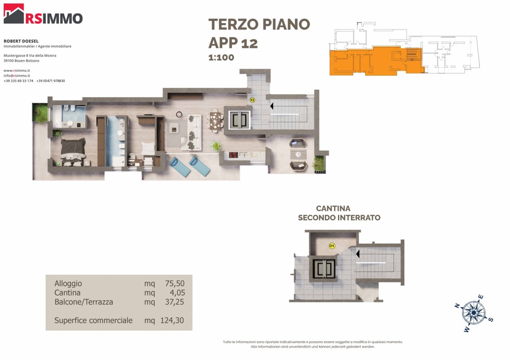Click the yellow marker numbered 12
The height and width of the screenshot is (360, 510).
(x=252, y=100)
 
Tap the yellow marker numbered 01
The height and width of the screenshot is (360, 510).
(x=332, y=246)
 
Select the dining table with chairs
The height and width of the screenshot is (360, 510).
(x=215, y=121)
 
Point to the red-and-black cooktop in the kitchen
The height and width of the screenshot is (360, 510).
(x=234, y=155)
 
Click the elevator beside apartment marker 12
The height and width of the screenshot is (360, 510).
(x=239, y=120)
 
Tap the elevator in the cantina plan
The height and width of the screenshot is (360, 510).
(x=324, y=269)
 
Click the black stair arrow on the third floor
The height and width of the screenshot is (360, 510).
(x=272, y=106)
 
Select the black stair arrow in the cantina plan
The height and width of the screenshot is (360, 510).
(x=358, y=253)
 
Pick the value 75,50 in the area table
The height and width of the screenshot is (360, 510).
(x=174, y=283)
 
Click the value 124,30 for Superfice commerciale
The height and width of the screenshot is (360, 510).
(x=172, y=320)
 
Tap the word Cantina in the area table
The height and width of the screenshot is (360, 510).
(x=67, y=293)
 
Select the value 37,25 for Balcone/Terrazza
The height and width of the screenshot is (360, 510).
(x=174, y=302)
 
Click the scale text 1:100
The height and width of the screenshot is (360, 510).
(x=221, y=58)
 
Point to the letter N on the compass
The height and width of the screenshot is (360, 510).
(x=457, y=305)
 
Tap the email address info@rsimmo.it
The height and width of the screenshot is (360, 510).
(x=17, y=75)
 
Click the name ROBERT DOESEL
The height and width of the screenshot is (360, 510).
(x=21, y=41)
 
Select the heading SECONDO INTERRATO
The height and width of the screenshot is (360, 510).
(x=339, y=218)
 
